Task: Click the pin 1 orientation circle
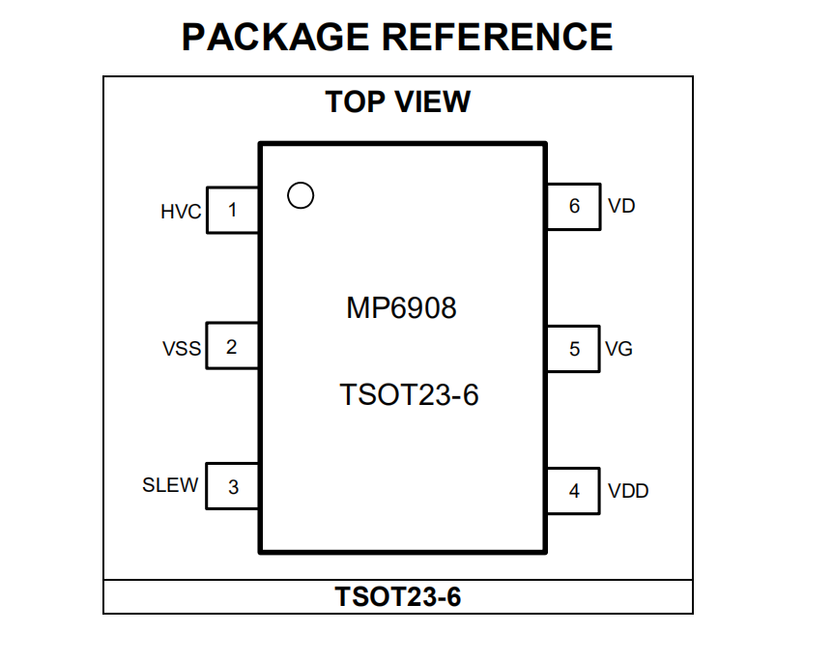(x=301, y=184)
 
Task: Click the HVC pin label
(x=181, y=212)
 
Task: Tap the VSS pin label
(x=181, y=349)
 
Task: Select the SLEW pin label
(x=170, y=484)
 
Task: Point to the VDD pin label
(x=628, y=491)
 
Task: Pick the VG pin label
(x=618, y=349)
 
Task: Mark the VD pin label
(x=621, y=206)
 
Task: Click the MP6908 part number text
(x=401, y=307)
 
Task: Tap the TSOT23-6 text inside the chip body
(x=409, y=394)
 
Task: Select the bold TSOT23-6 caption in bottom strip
(x=398, y=596)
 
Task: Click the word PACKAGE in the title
(x=275, y=37)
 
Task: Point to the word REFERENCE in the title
(x=498, y=37)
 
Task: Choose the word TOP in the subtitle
(x=355, y=101)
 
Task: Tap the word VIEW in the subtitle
(x=432, y=101)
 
